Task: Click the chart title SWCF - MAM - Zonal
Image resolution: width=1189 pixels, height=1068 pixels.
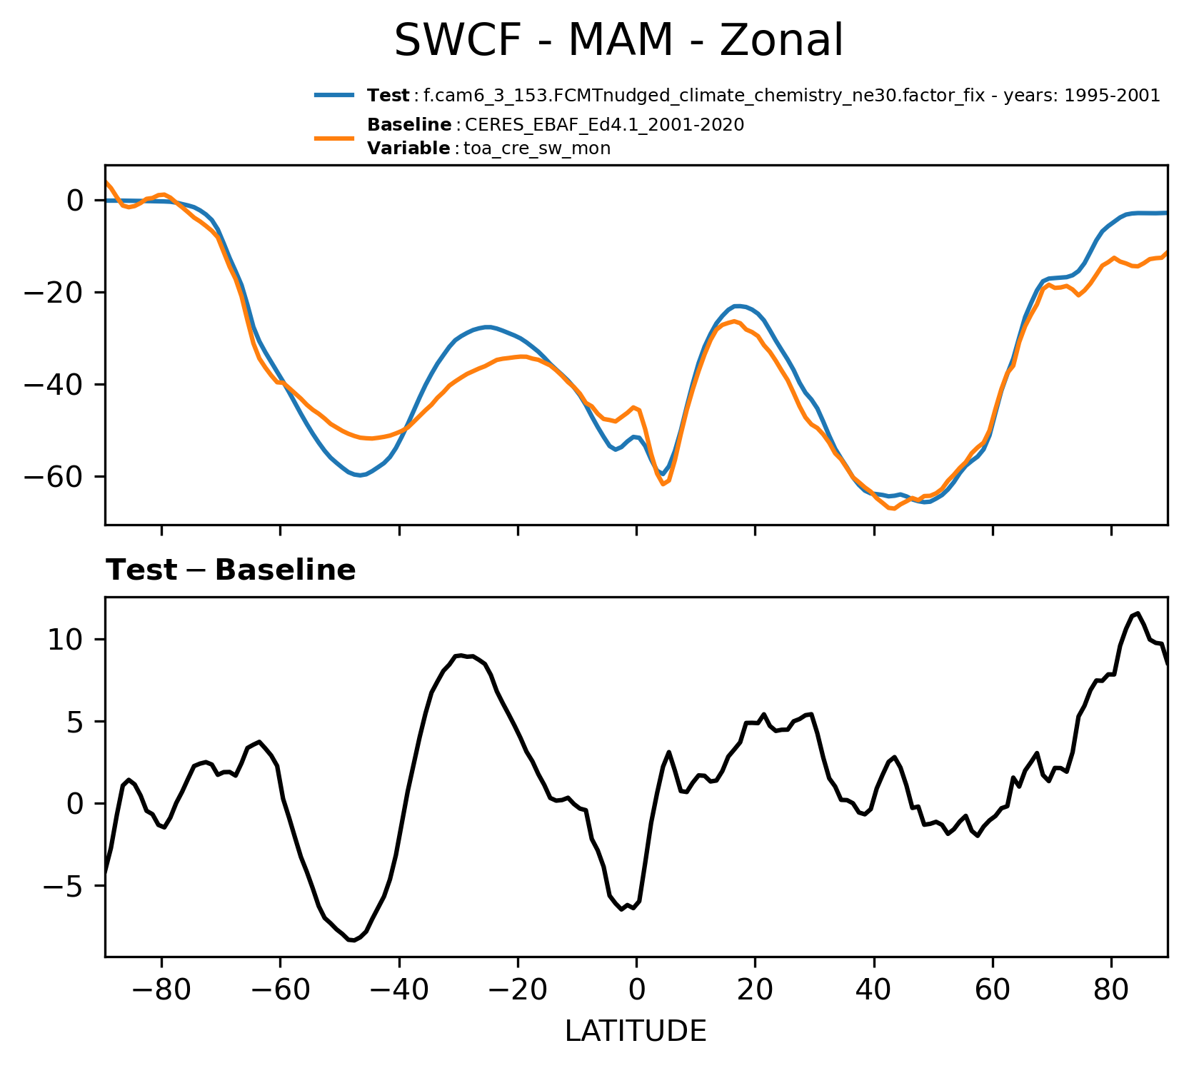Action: [x=618, y=41]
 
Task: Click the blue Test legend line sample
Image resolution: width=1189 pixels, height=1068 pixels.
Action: [x=333, y=96]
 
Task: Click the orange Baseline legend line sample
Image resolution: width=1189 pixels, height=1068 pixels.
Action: [x=333, y=137]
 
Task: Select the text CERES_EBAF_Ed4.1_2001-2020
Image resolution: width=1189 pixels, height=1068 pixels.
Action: [x=604, y=125]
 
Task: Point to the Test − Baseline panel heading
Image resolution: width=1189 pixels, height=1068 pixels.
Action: [x=231, y=570]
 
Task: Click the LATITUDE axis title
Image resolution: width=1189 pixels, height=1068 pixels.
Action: [x=636, y=1031]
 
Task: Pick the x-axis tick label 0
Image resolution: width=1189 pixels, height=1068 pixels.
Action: [x=636, y=991]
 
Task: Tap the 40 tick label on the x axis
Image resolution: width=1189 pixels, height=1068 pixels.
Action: [x=873, y=991]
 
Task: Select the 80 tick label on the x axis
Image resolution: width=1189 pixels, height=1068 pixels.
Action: [x=1110, y=991]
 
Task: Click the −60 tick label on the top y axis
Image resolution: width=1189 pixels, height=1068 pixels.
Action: [x=63, y=477]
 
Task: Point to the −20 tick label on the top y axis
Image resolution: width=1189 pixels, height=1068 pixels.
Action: [x=63, y=293]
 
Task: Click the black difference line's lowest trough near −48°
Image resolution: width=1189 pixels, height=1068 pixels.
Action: [x=353, y=941]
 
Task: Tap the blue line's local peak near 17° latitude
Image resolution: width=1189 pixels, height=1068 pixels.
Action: [x=738, y=306]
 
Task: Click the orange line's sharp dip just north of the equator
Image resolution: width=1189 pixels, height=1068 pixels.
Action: [x=663, y=484]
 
